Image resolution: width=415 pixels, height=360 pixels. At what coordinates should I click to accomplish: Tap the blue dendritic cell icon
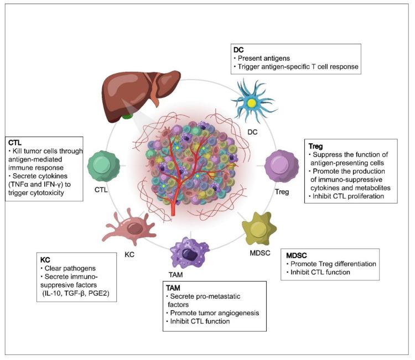[x=252, y=102]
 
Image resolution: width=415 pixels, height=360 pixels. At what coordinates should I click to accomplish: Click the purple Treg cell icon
[x=282, y=165]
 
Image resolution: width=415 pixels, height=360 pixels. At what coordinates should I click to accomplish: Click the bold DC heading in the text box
[x=238, y=49]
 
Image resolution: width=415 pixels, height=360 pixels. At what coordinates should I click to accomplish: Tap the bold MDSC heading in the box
[x=294, y=257]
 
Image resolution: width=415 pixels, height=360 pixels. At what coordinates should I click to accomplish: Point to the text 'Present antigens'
[x=263, y=58]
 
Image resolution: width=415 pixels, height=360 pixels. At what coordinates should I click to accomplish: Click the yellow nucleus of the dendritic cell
[x=252, y=103]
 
